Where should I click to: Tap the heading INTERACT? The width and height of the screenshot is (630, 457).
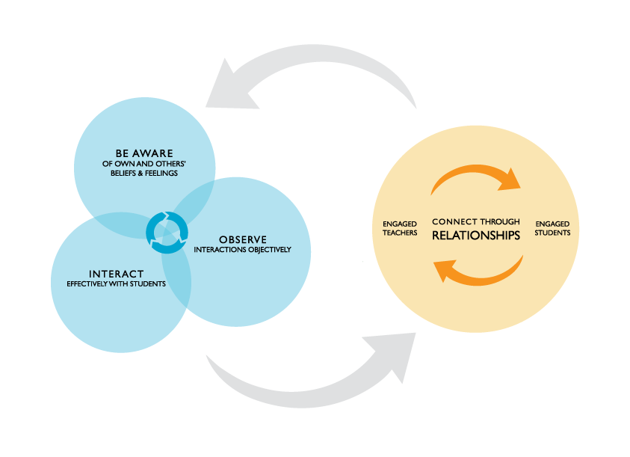pyautogui.click(x=116, y=273)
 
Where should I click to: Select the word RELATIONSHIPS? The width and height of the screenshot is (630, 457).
pyautogui.click(x=475, y=236)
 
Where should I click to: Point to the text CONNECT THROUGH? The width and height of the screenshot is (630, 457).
pyautogui.click(x=475, y=221)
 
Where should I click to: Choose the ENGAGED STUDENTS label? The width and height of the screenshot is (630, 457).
pyautogui.click(x=552, y=228)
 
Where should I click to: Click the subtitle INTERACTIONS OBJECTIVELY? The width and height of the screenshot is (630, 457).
pyautogui.click(x=242, y=250)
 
